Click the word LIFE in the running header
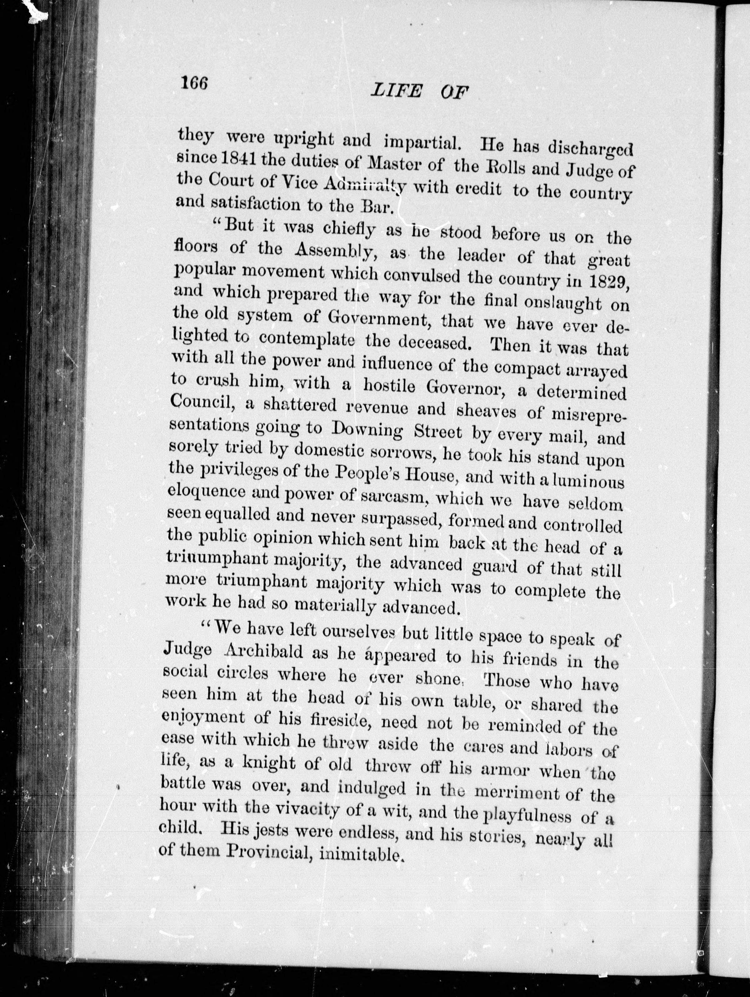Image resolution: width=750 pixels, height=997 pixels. (x=396, y=92)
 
